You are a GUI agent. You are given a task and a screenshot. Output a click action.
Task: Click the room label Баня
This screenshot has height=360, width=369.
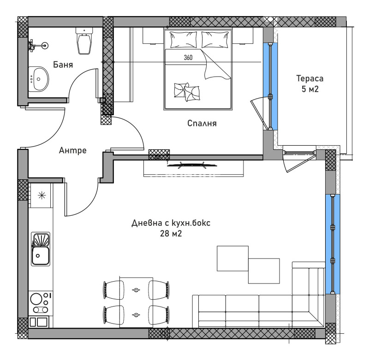[x=63, y=64]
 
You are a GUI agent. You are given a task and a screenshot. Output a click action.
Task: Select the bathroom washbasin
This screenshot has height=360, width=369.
[x=39, y=78]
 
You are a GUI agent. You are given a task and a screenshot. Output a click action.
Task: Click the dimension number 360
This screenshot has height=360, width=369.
[x=188, y=58]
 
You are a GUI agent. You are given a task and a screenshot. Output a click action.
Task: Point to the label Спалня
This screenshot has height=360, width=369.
[x=202, y=124]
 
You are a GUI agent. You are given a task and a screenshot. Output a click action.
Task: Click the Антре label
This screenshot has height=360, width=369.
[x=73, y=150]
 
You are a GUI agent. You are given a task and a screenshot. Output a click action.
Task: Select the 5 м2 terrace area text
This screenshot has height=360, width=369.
[x=310, y=89]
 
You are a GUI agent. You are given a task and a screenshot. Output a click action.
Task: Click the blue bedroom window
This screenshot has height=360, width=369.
[x=270, y=86]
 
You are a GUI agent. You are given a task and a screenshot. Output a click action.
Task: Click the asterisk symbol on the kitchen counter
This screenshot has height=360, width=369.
[x=41, y=195]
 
